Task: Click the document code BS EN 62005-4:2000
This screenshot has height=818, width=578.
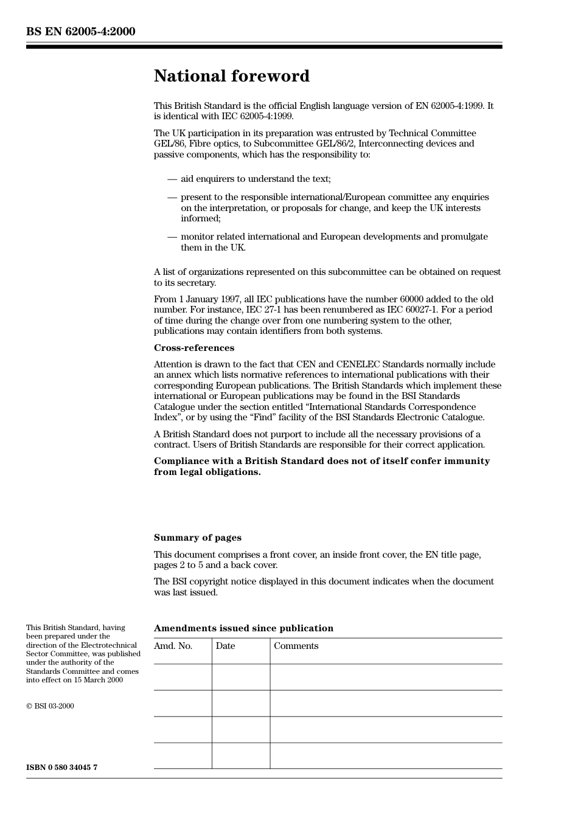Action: pyautogui.click(x=80, y=32)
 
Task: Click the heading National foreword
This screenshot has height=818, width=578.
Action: pyautogui.click(x=231, y=76)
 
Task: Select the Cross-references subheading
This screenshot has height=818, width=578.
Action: pyautogui.click(x=193, y=348)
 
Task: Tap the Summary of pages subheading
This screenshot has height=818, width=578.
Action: pyautogui.click(x=197, y=538)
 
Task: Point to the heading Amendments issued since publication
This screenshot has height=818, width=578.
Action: pyautogui.click(x=243, y=628)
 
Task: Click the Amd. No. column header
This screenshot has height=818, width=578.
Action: pyautogui.click(x=173, y=646)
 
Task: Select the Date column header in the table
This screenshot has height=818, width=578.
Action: pyautogui.click(x=225, y=646)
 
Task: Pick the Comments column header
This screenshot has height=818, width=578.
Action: pyautogui.click(x=296, y=646)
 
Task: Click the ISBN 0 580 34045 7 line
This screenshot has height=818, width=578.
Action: pyautogui.click(x=61, y=768)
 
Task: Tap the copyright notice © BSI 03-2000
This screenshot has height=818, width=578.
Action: pyautogui.click(x=50, y=706)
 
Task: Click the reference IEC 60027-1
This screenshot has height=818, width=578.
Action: pyautogui.click(x=412, y=310)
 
